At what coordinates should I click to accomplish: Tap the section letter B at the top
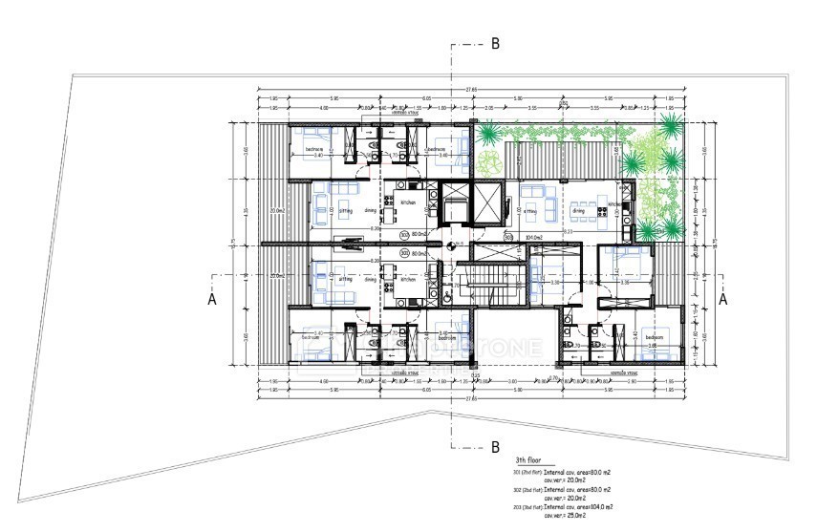495,43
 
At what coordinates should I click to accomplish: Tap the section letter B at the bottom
495,446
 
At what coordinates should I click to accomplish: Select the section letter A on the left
212,299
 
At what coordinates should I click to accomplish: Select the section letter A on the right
723,299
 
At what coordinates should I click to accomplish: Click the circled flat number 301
404,232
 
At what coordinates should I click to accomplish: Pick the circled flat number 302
404,253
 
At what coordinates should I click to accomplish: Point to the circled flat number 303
508,238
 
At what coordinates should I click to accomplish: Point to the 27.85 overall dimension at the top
470,90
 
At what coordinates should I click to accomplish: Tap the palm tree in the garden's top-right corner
671,127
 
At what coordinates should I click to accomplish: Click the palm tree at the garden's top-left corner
489,133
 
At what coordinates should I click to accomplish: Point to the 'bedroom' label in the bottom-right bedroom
655,338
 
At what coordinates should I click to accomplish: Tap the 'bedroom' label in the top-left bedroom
314,149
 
